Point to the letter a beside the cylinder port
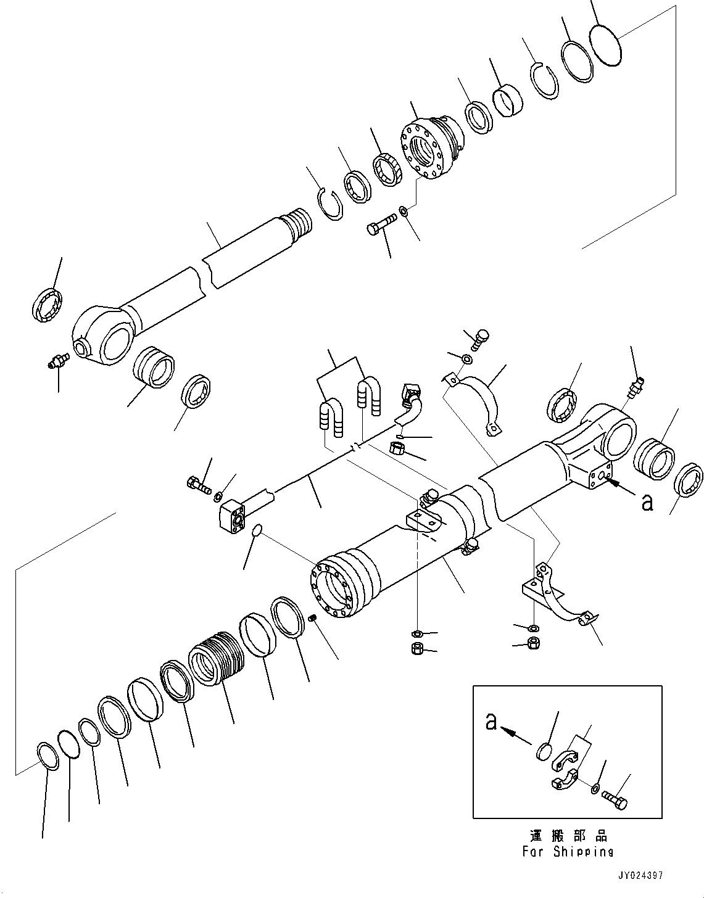click(647, 503)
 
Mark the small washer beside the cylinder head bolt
click(403, 212)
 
